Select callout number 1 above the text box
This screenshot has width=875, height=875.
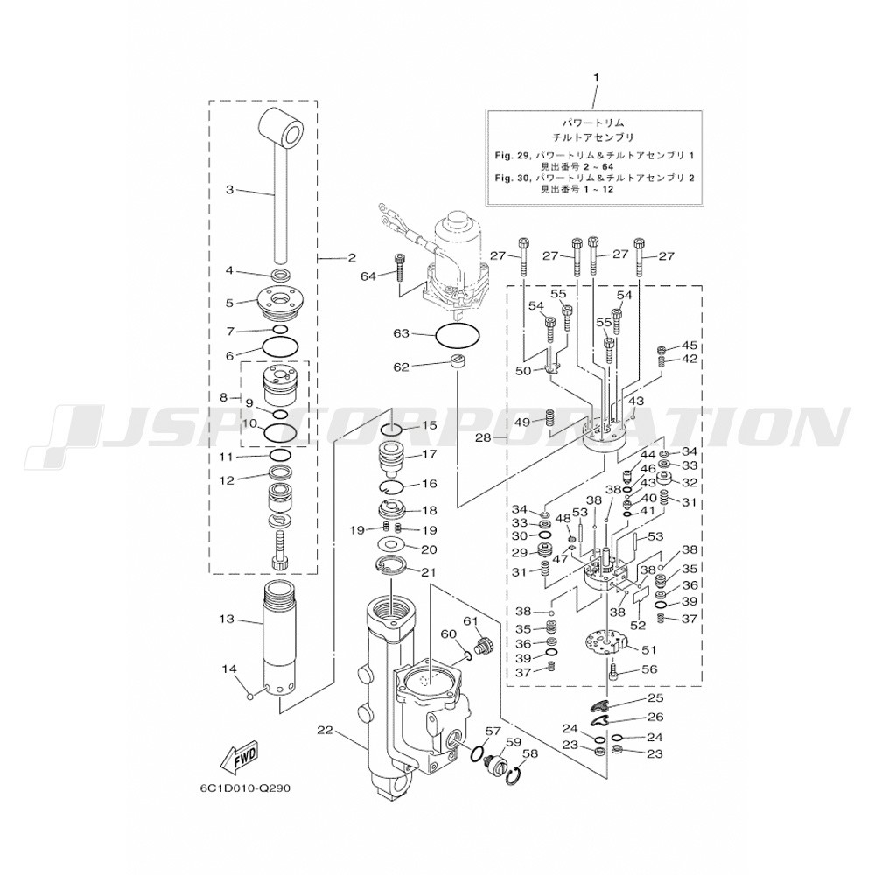coord(598,78)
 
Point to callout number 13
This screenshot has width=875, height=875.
coord(227,619)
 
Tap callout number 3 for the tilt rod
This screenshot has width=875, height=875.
coord(229,188)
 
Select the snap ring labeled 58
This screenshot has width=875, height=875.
coord(516,773)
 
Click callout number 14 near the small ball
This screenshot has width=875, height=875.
coord(229,669)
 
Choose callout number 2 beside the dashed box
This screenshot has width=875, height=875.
coord(351,258)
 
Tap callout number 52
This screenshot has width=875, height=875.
coord(638,626)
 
